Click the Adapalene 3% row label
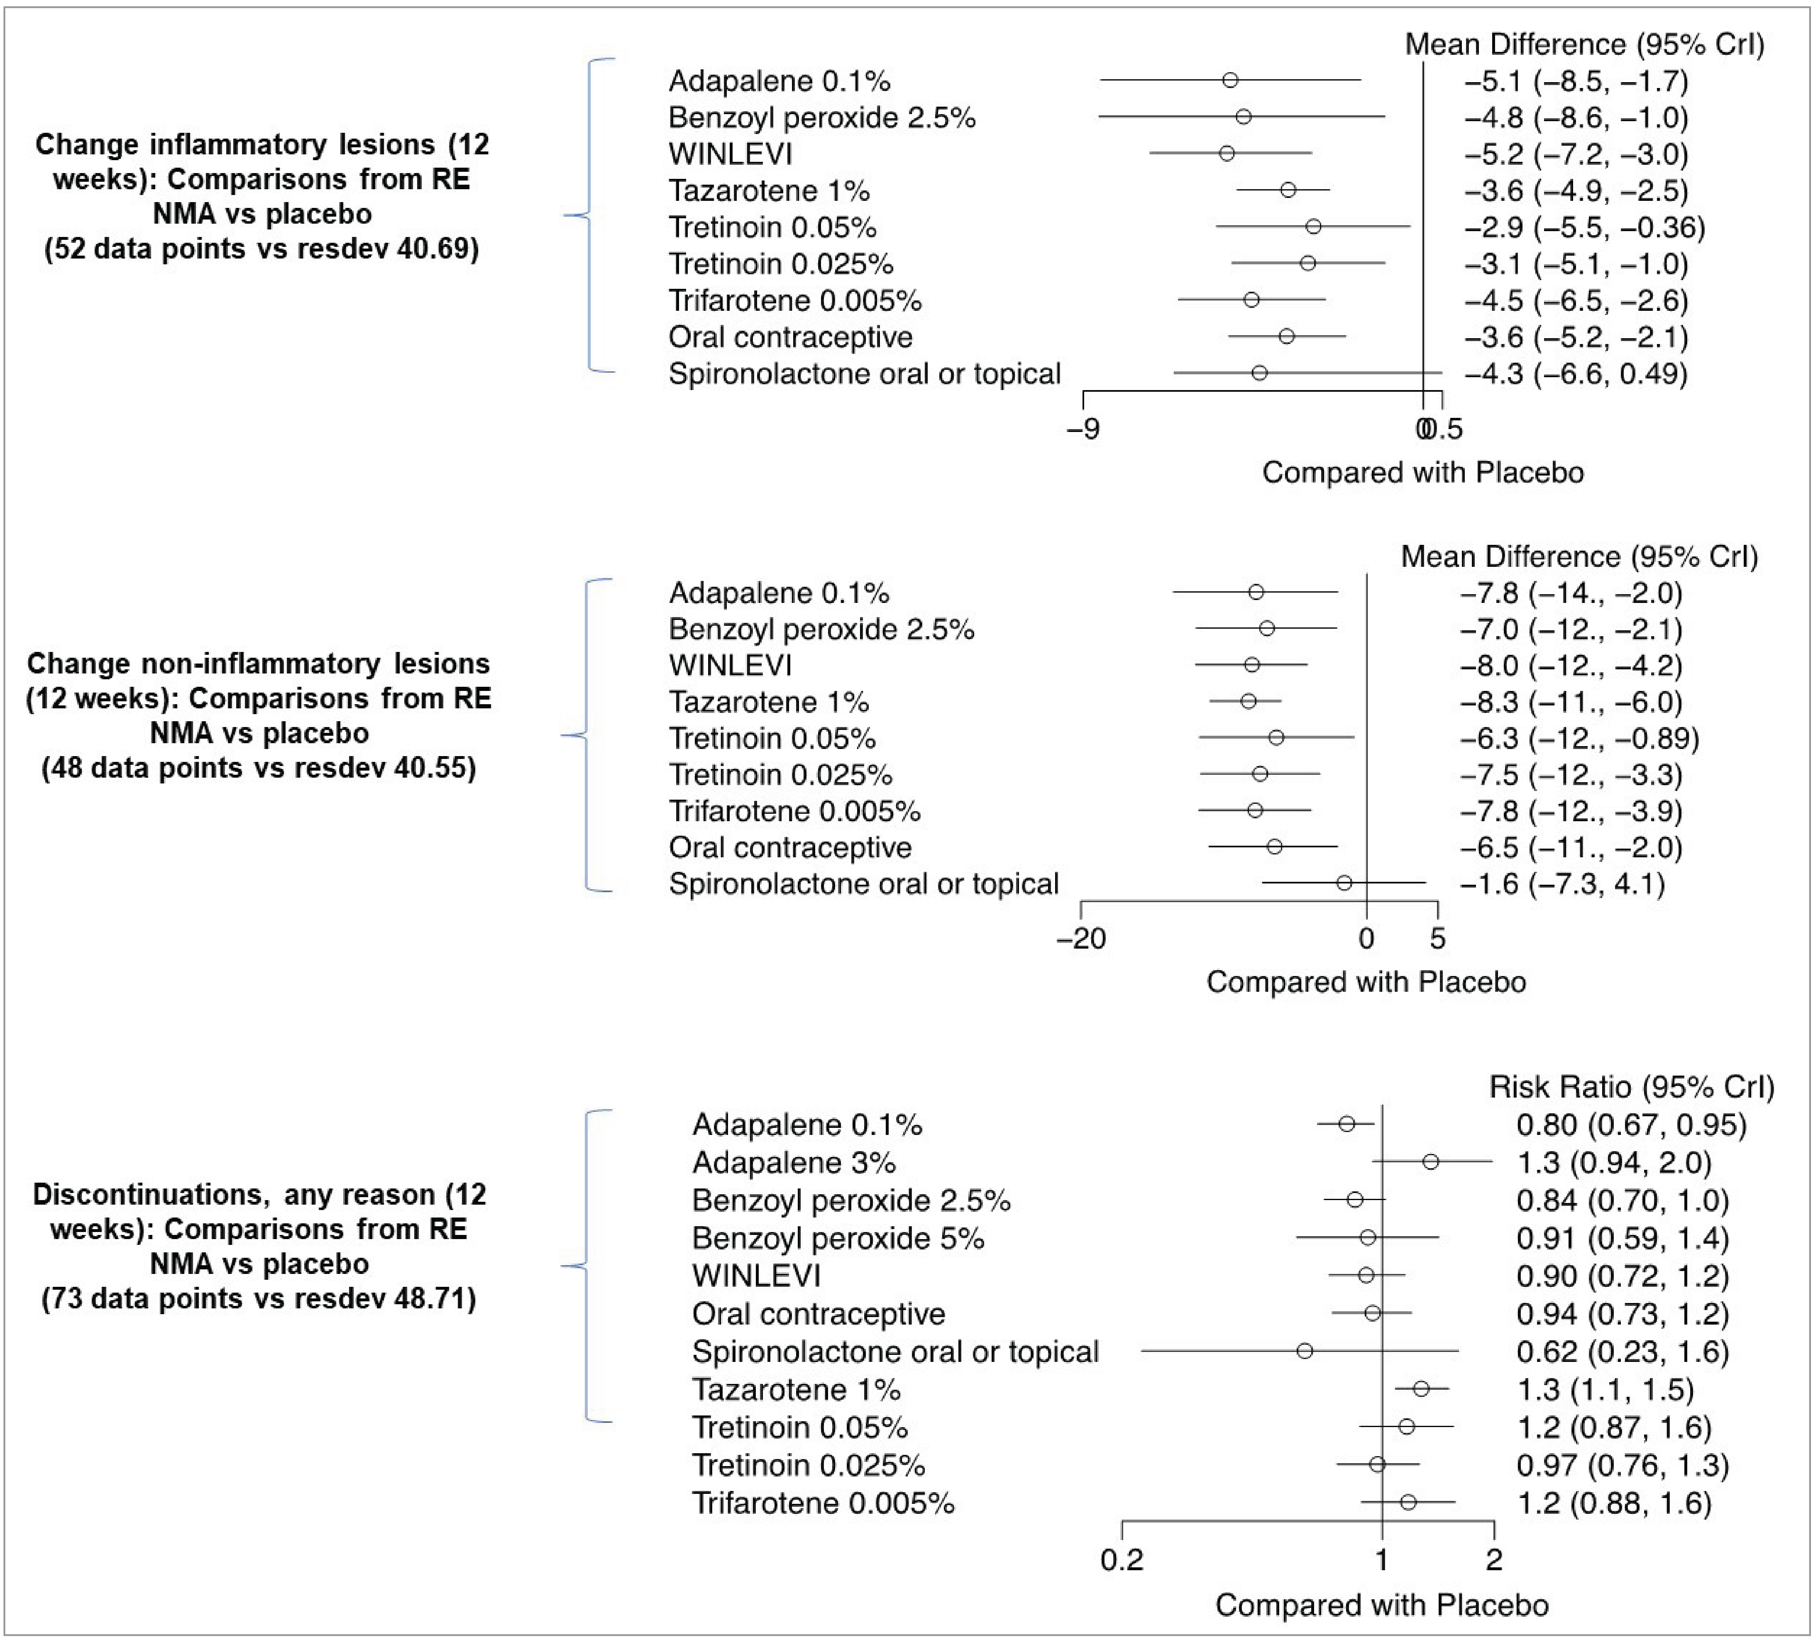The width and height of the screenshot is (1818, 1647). click(794, 1163)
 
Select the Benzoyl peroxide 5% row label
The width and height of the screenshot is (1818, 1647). click(838, 1239)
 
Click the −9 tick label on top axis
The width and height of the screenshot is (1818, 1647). click(1083, 429)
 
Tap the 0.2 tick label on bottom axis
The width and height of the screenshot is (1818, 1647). click(1122, 1559)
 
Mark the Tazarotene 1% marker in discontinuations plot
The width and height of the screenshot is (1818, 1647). click(1421, 1388)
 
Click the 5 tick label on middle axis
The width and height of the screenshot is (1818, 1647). click(1437, 939)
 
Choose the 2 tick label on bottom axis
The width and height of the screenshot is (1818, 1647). click(1494, 1559)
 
